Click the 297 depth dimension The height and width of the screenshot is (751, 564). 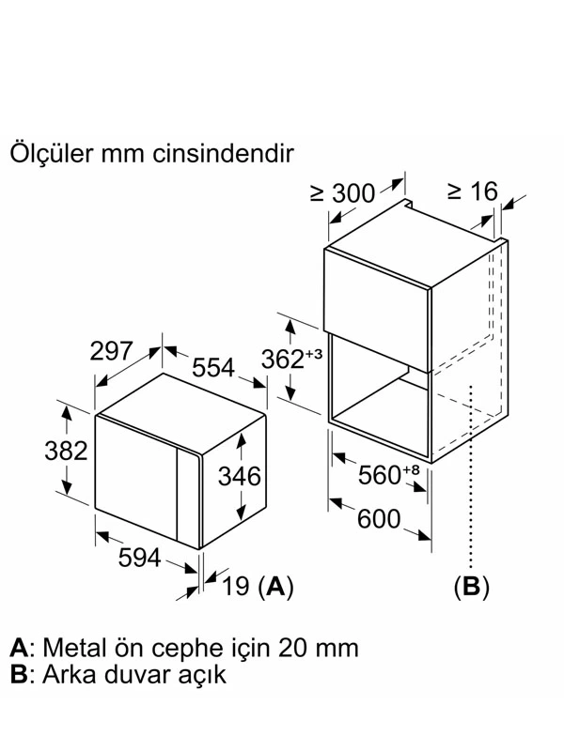pos(111,350)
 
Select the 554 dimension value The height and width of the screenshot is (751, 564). pos(213,367)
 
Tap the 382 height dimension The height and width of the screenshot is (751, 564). pos(66,451)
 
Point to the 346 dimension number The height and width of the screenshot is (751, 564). pos(240,476)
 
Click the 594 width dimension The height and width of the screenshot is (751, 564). pos(139,557)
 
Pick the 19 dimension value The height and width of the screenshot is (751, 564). pos(236,586)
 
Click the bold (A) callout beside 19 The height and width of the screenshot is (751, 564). pos(275,586)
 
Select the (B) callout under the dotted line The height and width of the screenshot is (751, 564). pos(472,586)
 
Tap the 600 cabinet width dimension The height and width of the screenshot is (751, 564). pos(379,519)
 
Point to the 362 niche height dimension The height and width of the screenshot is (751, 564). pos(283,360)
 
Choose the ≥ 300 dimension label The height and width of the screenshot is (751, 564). pos(342,193)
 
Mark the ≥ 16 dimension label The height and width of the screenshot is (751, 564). pos(473,192)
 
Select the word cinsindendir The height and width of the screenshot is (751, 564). pos(223,154)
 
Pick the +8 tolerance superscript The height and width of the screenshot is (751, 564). pos(411,469)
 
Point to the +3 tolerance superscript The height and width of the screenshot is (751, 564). pos(314,354)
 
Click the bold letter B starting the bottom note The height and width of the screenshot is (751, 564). pos(18,674)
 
